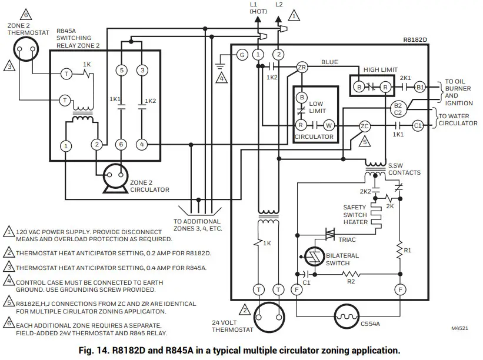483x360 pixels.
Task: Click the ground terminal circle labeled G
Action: click(x=241, y=54)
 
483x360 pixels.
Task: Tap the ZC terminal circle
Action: click(x=365, y=125)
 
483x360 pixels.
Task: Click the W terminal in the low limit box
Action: click(x=329, y=125)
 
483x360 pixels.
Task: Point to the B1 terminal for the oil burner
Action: click(x=419, y=87)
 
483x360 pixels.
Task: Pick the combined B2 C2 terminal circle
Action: click(x=397, y=108)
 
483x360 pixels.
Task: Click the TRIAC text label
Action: click(x=347, y=239)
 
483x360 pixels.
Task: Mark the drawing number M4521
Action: click(x=460, y=329)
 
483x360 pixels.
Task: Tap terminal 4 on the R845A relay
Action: click(x=142, y=144)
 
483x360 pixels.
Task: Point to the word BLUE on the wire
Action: click(x=329, y=62)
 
